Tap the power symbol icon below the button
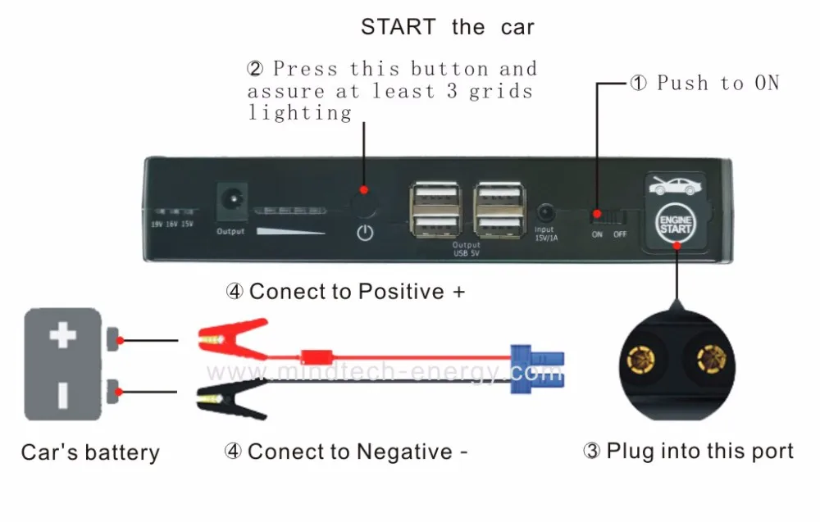pyautogui.click(x=365, y=233)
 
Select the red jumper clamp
pyautogui.click(x=232, y=339)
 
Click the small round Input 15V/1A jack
pyautogui.click(x=544, y=211)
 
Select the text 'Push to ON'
pyautogui.click(x=717, y=83)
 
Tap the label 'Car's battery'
pyautogui.click(x=90, y=452)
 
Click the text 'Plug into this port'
pyautogui.click(x=699, y=452)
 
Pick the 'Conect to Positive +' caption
pyautogui.click(x=344, y=292)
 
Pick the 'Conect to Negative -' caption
pyautogui.click(x=345, y=452)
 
